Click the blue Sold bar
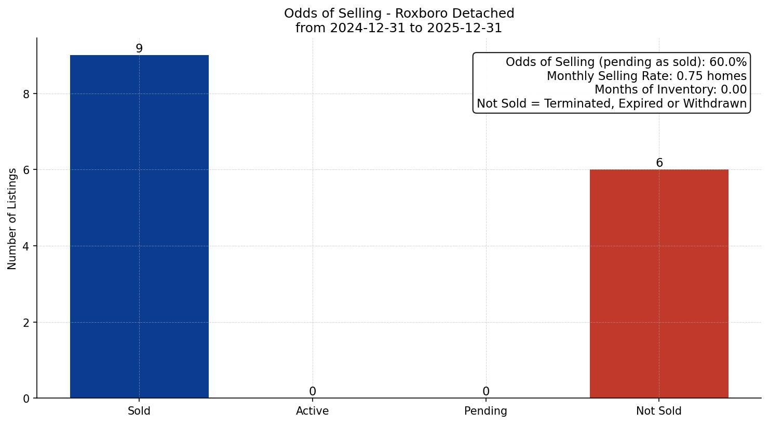point(139,227)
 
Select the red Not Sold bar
point(659,284)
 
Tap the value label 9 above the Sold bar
point(139,48)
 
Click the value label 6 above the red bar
point(659,163)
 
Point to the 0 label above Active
point(312,391)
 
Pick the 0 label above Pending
point(485,391)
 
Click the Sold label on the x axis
point(139,411)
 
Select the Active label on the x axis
point(312,411)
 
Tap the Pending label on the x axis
point(485,411)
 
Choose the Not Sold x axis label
point(658,411)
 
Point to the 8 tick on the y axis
point(26,94)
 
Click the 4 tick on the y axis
point(26,246)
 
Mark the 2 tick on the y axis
point(26,323)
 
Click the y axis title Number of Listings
point(12,218)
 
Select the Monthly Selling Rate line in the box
point(646,76)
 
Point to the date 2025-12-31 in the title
point(464,28)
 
